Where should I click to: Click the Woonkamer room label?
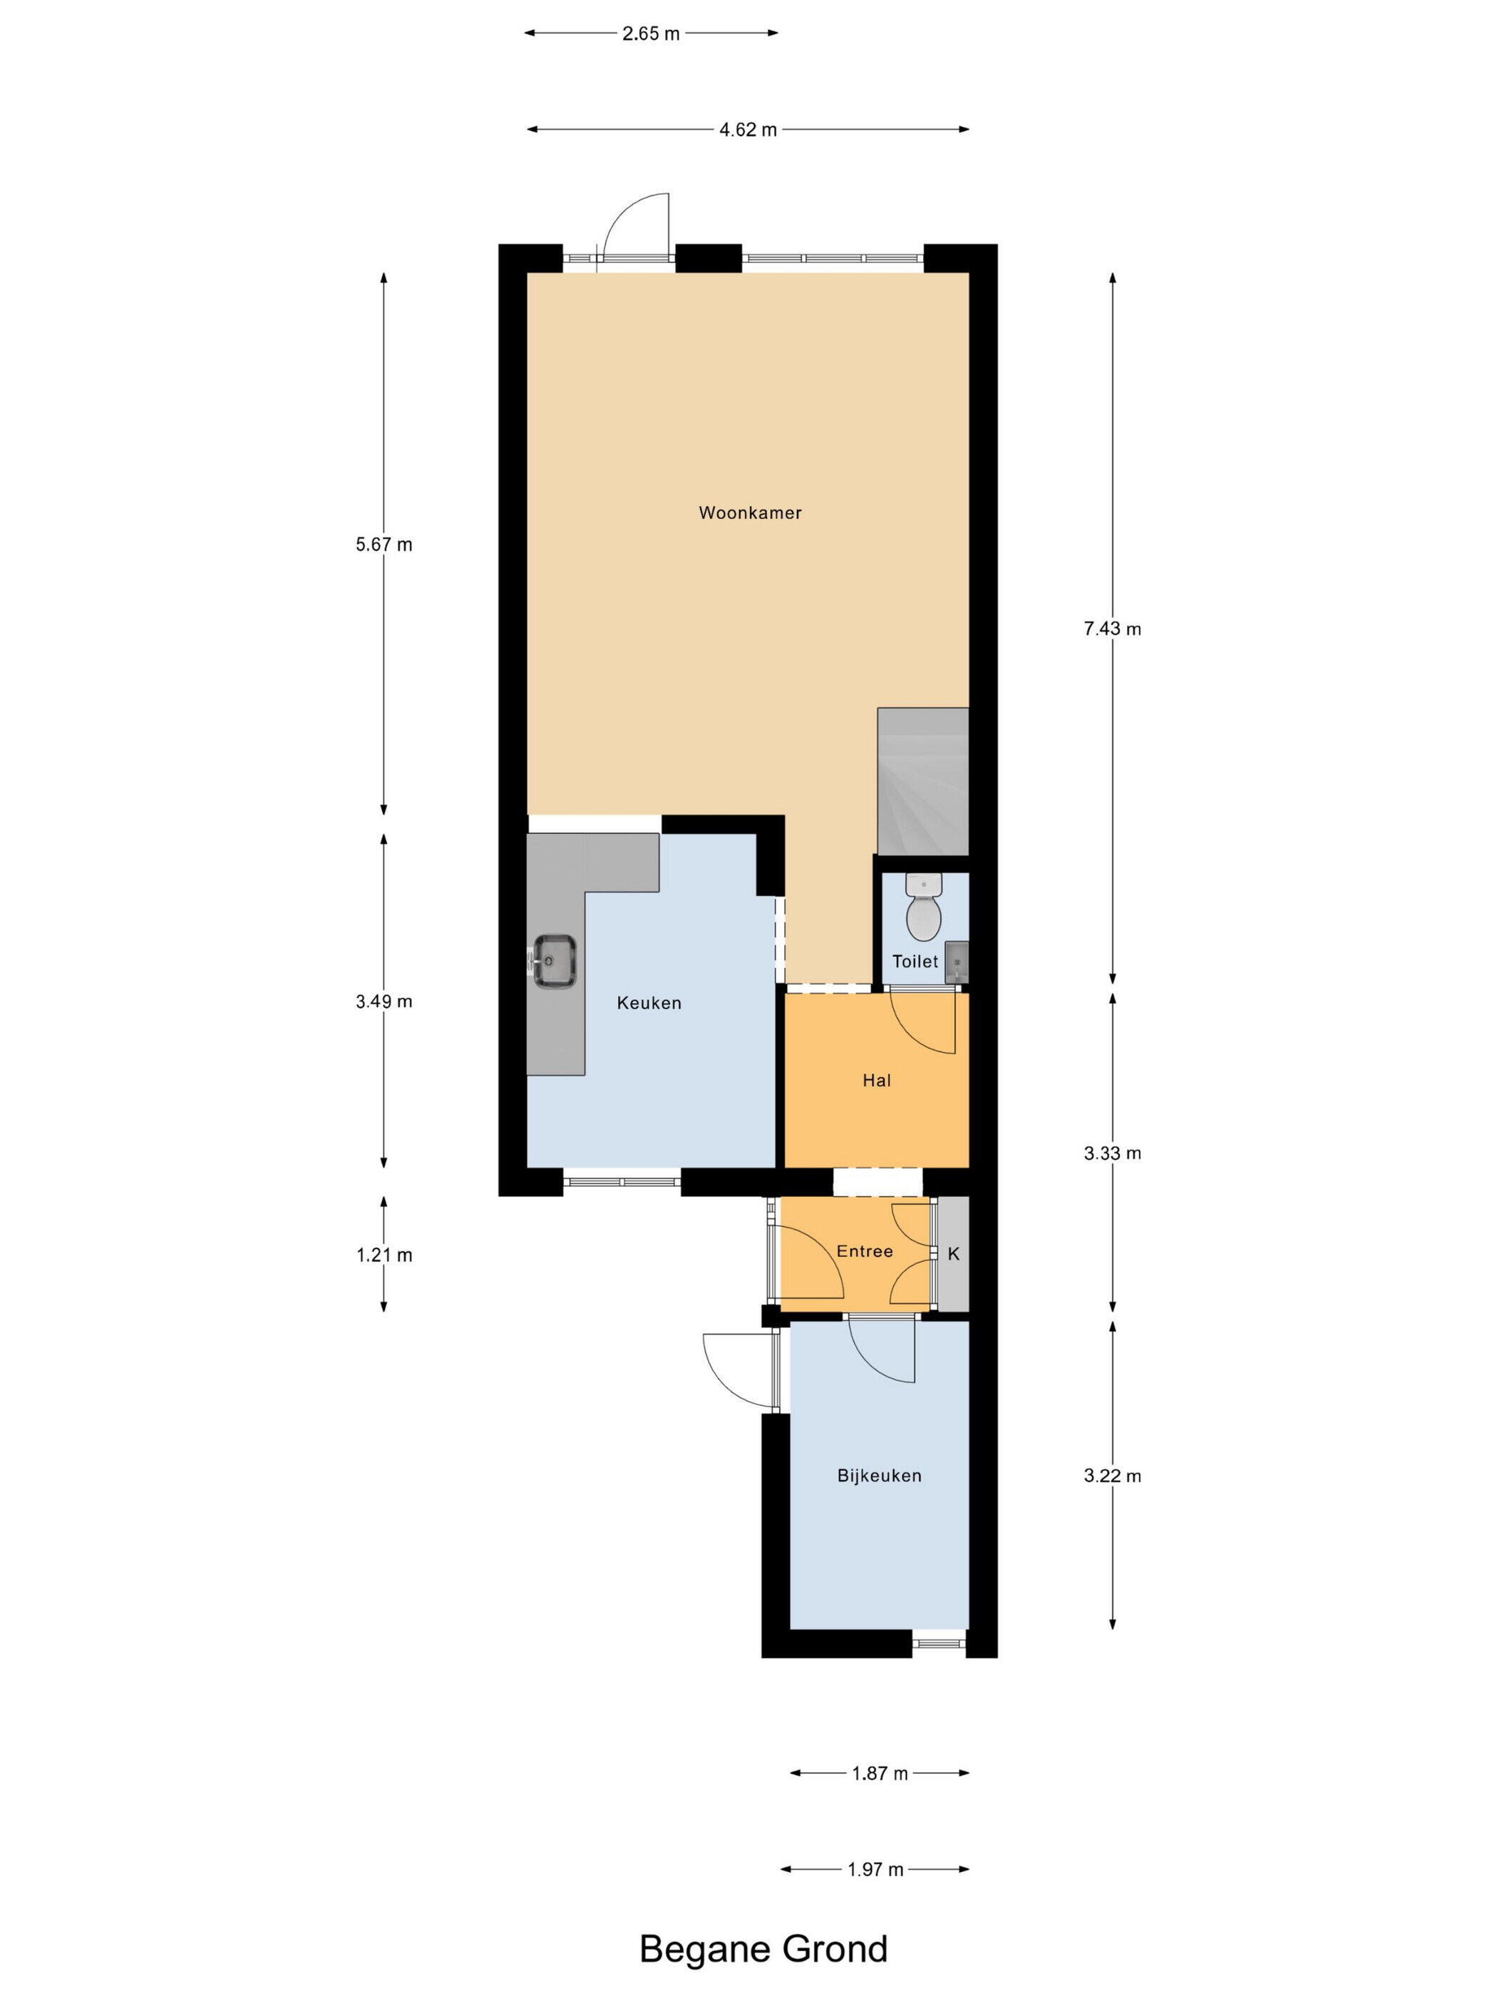750,513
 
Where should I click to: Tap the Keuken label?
649,1002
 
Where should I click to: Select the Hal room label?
876,1080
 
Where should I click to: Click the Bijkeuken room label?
879,1476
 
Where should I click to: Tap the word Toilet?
915,961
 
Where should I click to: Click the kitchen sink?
554,960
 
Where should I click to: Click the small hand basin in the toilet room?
956,962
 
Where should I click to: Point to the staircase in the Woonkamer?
922,781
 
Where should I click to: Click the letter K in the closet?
953,1253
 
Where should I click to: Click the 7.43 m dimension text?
1111,629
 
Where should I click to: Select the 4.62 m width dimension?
747,129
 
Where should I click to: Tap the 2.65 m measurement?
651,34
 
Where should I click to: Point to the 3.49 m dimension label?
384,1001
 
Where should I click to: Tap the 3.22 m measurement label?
1111,1476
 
